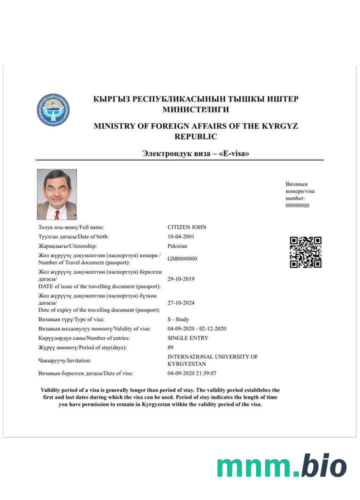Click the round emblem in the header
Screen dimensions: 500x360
coord(53,109)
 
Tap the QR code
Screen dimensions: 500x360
coord(305,252)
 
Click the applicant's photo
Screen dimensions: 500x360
coord(57,194)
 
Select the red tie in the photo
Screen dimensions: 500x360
coord(57,214)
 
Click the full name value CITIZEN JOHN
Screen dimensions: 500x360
coord(186,227)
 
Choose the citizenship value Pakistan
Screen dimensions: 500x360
coord(177,246)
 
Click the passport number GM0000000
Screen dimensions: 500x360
coord(182,259)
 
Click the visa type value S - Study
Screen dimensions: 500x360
coord(178,319)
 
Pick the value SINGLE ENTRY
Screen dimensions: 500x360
coord(188,338)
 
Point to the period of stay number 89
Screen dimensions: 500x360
coord(170,347)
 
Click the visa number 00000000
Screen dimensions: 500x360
coord(297,205)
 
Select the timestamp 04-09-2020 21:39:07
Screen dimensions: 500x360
coord(192,373)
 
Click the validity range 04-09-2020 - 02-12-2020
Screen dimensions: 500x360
coord(197,328)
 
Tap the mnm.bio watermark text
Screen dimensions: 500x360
coord(281,466)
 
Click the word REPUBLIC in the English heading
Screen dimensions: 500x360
coord(195,136)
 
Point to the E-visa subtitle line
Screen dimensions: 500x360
coord(195,153)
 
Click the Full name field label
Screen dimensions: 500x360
coord(71,227)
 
